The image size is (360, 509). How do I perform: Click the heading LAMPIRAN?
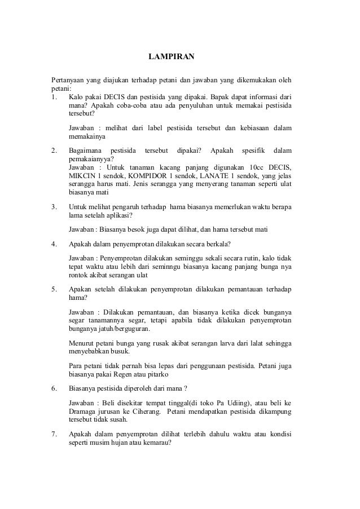171,57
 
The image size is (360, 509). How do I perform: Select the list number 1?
53,96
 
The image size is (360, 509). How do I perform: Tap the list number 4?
53,244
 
